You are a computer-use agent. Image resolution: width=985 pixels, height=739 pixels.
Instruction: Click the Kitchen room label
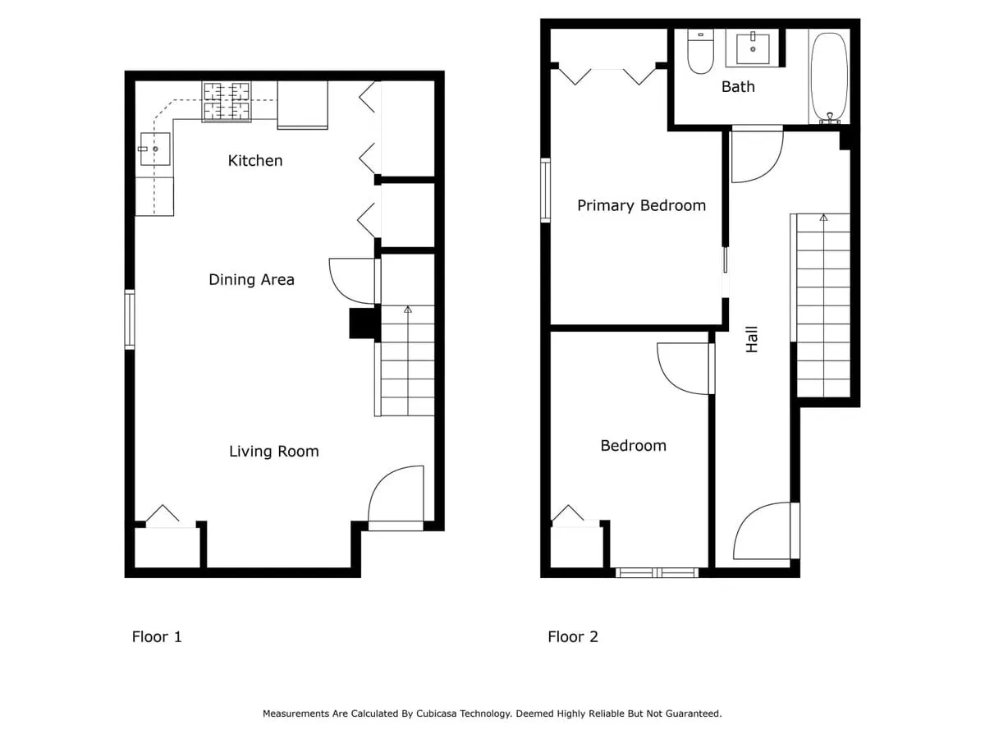pos(255,161)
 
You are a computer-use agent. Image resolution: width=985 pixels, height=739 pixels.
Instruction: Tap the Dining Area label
pos(251,279)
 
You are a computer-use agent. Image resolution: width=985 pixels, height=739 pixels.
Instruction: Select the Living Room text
pos(273,451)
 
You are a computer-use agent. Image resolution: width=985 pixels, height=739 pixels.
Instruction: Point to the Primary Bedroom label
pos(641,206)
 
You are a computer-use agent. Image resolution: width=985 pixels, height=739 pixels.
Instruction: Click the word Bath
pos(738,86)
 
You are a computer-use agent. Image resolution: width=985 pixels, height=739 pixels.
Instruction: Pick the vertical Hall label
pos(752,339)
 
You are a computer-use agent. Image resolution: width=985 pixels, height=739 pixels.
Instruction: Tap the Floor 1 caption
pos(157,636)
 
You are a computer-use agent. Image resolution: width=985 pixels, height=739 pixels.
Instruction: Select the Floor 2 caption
pos(573,636)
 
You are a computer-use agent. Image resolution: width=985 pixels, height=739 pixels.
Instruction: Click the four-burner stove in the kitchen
pos(227,102)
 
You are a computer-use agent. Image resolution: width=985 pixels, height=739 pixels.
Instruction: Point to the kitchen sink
pos(155,149)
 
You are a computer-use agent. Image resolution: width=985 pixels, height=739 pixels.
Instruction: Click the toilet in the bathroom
pos(700,51)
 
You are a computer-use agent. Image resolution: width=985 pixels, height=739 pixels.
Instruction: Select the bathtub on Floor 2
pos(829,76)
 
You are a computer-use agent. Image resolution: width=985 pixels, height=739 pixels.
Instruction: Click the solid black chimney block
pos(364,323)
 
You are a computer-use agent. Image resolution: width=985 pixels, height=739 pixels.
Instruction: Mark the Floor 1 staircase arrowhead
pos(407,310)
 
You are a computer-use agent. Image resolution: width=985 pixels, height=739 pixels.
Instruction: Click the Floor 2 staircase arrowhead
pos(823,218)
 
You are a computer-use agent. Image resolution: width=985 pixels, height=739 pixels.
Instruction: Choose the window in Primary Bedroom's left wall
pos(545,190)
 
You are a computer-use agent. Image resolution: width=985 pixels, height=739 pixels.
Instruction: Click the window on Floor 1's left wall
pos(129,319)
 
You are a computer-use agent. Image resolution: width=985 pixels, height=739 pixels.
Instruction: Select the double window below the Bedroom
pos(657,572)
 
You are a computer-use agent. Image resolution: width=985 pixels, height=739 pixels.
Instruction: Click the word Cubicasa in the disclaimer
pos(436,714)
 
